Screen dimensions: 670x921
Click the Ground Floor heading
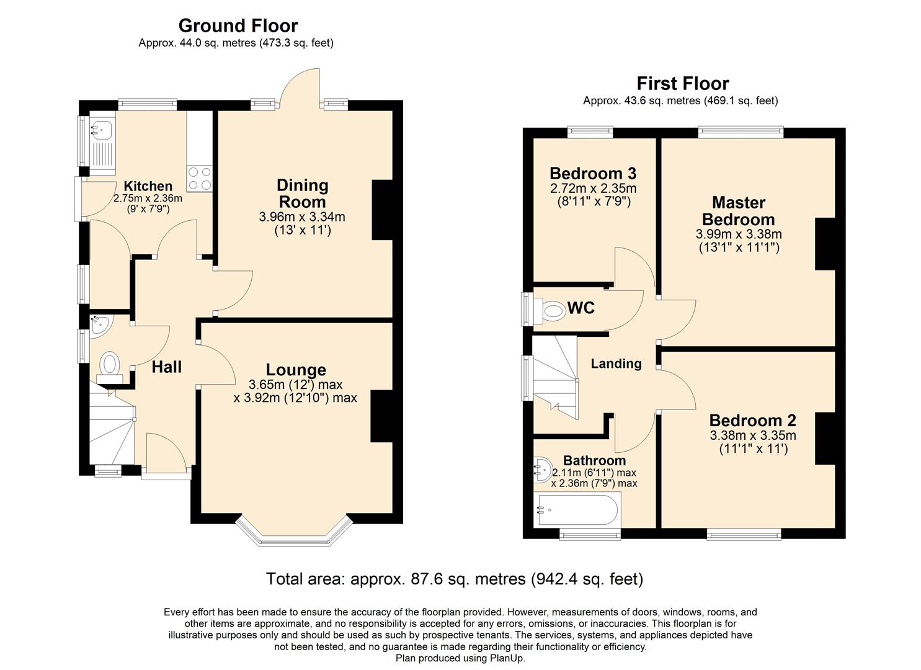click(238, 25)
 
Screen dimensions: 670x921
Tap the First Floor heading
click(682, 83)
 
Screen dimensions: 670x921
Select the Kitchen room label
click(148, 186)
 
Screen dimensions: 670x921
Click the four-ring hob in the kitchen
click(200, 178)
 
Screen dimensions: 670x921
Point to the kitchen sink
click(102, 130)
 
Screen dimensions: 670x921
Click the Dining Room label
click(302, 194)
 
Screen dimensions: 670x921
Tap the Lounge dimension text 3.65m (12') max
click(295, 384)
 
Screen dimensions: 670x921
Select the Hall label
click(167, 367)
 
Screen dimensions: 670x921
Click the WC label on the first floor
click(581, 308)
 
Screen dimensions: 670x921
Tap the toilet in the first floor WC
click(551, 310)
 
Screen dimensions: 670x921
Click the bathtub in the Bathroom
click(577, 510)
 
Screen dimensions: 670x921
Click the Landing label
click(615, 364)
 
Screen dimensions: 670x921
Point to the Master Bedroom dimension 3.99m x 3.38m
click(738, 234)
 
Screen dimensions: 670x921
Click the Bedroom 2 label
click(752, 421)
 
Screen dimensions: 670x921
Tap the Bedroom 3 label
click(593, 174)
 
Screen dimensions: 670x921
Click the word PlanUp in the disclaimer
click(507, 658)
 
